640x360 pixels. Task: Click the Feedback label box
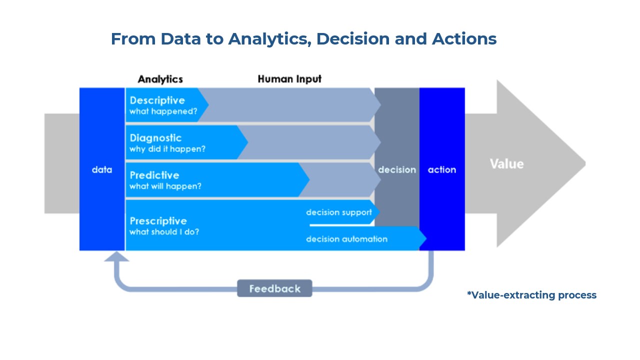click(274, 288)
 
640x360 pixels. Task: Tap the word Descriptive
click(157, 100)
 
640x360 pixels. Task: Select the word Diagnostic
click(155, 138)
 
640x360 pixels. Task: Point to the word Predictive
click(154, 175)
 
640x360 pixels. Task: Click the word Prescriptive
click(158, 221)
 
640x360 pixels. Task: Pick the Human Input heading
click(289, 79)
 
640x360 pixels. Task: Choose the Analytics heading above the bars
click(160, 79)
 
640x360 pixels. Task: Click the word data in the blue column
click(102, 169)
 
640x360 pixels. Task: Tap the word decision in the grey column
click(397, 169)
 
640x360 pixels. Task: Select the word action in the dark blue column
click(442, 169)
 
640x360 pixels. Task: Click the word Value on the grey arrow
click(506, 164)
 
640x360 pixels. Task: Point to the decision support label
click(339, 212)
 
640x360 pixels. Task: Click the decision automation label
click(346, 239)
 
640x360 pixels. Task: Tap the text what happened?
click(163, 111)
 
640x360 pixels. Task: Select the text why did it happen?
click(167, 149)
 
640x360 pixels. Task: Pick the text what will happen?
click(165, 186)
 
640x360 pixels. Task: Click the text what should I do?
click(164, 232)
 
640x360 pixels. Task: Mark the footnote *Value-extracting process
click(531, 295)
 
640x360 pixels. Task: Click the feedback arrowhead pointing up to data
click(116, 256)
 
